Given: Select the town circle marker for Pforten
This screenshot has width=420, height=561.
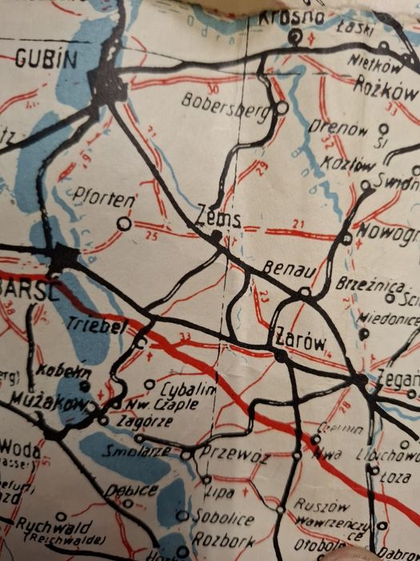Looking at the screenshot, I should pyautogui.click(x=124, y=224).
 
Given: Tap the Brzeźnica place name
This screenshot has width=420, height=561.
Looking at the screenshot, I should pyautogui.click(x=362, y=283).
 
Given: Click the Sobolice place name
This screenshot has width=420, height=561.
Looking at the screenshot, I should pyautogui.click(x=227, y=519).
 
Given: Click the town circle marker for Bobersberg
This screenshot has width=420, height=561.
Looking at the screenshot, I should pyautogui.click(x=282, y=107).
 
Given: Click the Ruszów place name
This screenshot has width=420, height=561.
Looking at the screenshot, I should pyautogui.click(x=320, y=506).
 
